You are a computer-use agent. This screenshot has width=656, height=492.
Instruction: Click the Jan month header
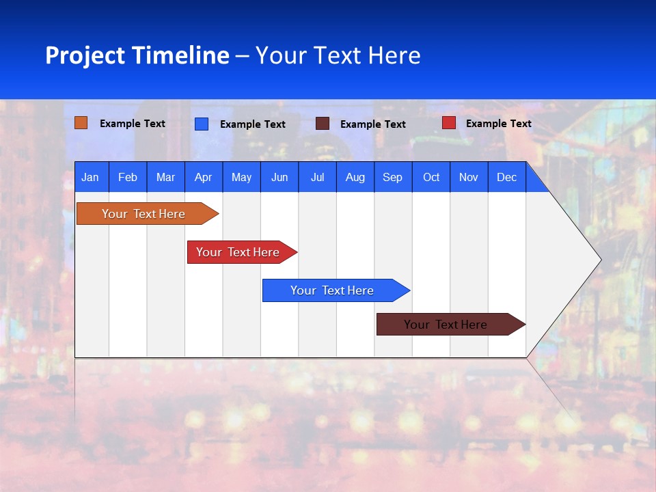click(x=90, y=177)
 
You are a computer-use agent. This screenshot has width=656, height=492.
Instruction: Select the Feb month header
click(x=128, y=177)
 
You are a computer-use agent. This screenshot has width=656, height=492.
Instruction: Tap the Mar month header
click(x=165, y=177)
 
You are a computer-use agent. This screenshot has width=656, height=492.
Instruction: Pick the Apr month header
click(x=204, y=177)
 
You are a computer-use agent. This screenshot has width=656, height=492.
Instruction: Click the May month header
click(x=241, y=177)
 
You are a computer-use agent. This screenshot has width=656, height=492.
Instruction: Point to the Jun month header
click(x=279, y=177)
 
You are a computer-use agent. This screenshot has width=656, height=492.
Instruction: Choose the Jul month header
click(x=317, y=177)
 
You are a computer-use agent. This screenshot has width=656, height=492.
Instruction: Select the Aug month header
click(x=355, y=177)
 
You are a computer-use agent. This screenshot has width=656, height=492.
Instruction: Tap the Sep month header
click(x=393, y=177)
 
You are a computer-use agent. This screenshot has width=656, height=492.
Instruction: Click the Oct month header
click(x=431, y=177)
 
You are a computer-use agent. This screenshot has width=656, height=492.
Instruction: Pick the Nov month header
click(x=469, y=177)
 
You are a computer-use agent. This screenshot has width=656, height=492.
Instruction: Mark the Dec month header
click(x=507, y=177)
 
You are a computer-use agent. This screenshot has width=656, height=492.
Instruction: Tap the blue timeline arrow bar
click(x=333, y=290)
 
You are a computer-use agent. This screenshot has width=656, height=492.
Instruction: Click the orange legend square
click(x=81, y=123)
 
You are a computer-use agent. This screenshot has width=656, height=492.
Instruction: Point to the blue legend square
click(x=202, y=124)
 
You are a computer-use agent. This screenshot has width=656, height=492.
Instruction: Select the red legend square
click(x=449, y=123)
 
